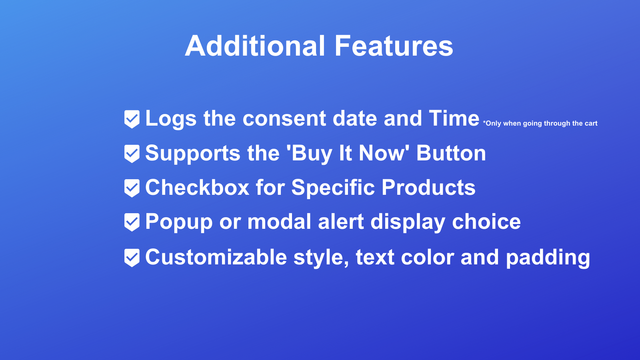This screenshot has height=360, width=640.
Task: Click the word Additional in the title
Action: coord(255,46)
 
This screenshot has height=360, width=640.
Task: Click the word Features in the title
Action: coord(394,46)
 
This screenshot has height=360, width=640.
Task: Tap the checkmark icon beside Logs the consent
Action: coord(132,119)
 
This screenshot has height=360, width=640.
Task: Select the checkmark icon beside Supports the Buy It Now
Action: coord(132,154)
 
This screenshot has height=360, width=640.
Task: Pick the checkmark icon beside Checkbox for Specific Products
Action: coord(132,188)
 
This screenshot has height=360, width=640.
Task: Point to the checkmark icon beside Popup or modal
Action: coord(132,222)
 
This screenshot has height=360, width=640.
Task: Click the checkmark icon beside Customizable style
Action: coord(132,257)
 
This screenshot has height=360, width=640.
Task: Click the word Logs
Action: coord(171,119)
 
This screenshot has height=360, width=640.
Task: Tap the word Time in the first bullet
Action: coord(454,118)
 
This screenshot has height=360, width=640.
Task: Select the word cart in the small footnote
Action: coord(591,124)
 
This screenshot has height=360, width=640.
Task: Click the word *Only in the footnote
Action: coord(492,124)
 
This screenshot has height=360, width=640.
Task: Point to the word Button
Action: coord(451,153)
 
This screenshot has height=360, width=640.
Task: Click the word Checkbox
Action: coord(197,188)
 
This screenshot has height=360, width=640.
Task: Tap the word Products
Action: coord(428,188)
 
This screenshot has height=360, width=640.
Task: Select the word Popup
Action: coord(178,222)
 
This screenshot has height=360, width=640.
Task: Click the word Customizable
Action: coord(216,257)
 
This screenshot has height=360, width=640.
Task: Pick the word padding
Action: coord(548,258)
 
